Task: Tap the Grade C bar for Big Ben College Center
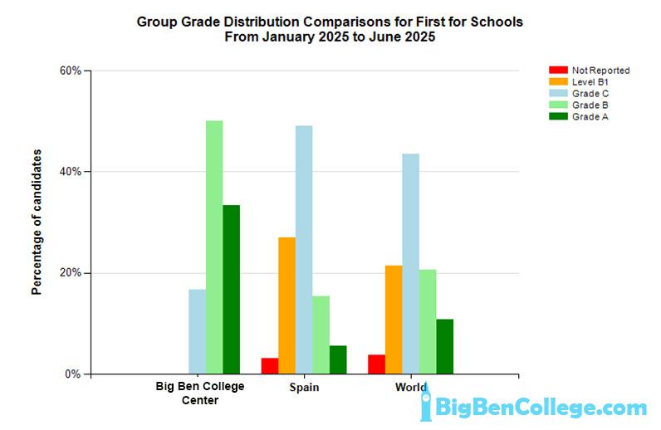click(x=197, y=331)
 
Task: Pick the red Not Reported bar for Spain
click(x=269, y=365)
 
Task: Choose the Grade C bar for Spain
click(x=304, y=249)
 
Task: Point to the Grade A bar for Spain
click(x=338, y=359)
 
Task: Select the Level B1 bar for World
click(x=394, y=320)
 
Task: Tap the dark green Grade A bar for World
click(x=445, y=346)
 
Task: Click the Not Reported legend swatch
click(x=557, y=71)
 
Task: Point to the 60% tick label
click(x=70, y=71)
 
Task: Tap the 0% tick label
click(x=73, y=374)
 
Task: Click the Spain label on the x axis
click(x=304, y=388)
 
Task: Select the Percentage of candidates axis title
click(x=37, y=222)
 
